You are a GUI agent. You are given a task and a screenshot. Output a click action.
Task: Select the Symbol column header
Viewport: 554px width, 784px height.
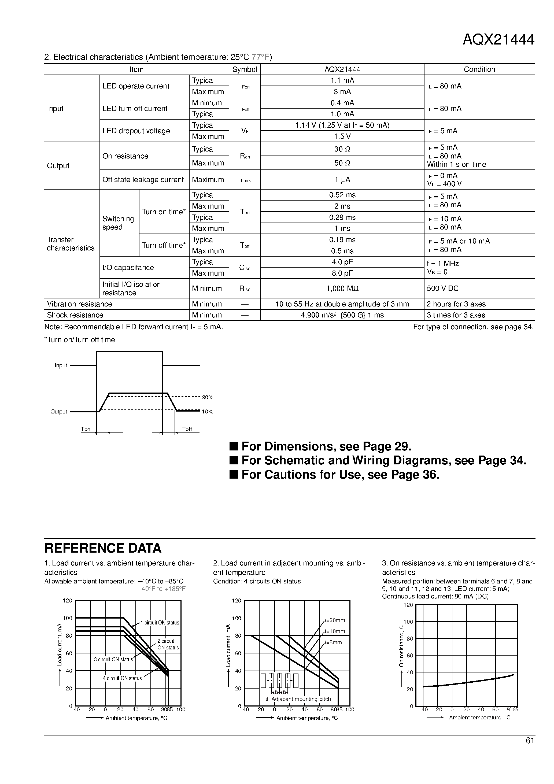244,69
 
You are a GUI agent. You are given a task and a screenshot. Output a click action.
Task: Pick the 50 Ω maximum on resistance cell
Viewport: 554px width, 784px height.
342,163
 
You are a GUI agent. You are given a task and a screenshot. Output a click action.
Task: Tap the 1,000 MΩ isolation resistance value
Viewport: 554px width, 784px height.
342,289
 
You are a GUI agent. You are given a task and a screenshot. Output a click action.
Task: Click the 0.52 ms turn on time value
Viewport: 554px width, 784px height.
342,195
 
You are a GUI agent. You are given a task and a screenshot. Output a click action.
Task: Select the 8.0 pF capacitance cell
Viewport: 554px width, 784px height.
342,273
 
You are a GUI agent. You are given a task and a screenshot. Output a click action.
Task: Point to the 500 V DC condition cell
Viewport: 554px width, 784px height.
442,289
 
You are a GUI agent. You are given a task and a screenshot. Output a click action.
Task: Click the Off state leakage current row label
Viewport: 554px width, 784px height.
143,180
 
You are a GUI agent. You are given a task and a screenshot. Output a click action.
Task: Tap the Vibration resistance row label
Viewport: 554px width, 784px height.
79,304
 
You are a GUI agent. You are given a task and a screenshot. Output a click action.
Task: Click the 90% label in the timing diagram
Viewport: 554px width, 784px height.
207,397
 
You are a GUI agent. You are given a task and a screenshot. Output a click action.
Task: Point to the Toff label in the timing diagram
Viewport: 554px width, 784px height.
187,429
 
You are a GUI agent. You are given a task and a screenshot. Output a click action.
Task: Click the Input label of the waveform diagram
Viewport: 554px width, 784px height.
61,366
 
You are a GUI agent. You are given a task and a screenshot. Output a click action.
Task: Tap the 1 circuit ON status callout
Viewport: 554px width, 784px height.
161,623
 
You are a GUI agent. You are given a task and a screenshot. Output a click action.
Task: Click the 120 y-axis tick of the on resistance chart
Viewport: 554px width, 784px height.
408,605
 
